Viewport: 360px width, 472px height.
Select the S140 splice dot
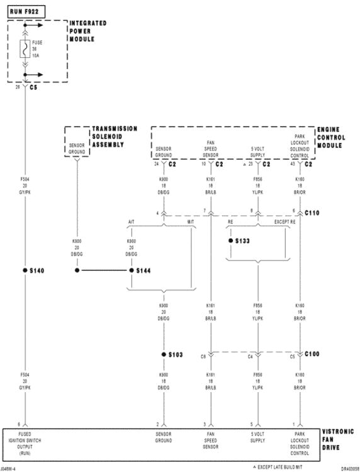point(25,270)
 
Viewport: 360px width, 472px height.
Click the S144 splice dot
point(132,270)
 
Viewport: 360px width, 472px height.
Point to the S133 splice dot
point(231,241)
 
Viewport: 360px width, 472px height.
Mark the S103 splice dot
point(164,354)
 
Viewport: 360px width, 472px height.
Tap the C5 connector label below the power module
point(33,87)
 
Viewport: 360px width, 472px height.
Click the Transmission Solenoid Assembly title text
point(115,137)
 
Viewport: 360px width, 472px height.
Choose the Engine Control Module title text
point(334,137)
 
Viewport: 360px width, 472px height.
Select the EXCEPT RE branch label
point(284,222)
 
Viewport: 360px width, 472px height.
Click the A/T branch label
point(132,222)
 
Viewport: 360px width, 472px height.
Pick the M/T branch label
point(190,222)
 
